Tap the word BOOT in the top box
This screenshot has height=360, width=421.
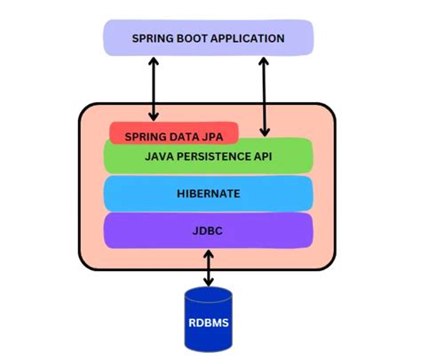[x=195, y=38]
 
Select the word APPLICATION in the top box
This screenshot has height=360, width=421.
[x=250, y=38]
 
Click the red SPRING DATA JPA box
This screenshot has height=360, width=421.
[x=174, y=134]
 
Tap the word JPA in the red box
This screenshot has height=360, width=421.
[x=222, y=136]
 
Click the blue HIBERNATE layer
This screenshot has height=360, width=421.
[x=209, y=193]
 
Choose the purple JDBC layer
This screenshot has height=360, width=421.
[x=209, y=229]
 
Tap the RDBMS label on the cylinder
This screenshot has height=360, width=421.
[x=209, y=322]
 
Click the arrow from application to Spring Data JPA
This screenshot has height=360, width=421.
[x=155, y=89]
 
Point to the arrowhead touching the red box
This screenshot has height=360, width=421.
[x=155, y=116]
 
